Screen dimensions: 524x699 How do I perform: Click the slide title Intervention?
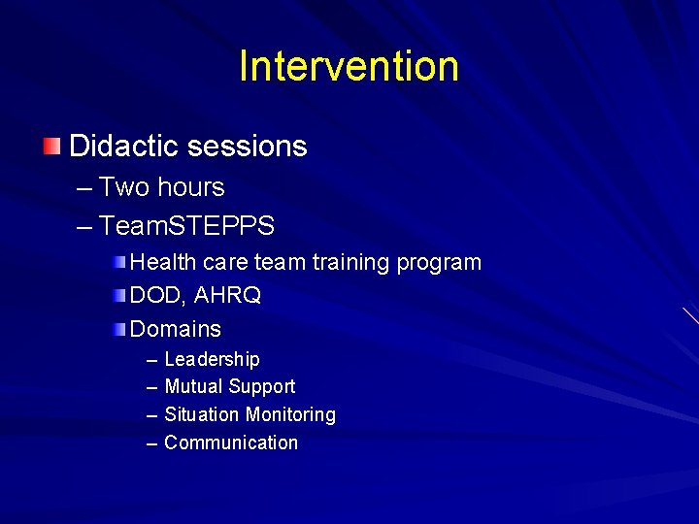click(349, 66)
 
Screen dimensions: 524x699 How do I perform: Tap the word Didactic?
click(123, 147)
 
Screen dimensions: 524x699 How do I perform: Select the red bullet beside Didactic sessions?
click(51, 147)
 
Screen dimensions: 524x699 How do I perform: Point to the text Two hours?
click(161, 187)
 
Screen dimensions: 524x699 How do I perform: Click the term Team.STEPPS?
click(186, 227)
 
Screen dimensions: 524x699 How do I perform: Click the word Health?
click(160, 263)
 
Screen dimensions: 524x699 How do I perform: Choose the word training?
click(342, 263)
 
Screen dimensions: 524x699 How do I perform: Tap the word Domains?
click(176, 329)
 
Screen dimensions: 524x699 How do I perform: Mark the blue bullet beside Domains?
click(117, 329)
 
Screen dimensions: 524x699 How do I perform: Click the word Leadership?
click(212, 360)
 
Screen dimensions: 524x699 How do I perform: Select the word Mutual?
click(192, 387)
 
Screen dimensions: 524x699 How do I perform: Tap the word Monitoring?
click(290, 415)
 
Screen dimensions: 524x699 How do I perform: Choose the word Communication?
click(231, 443)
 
